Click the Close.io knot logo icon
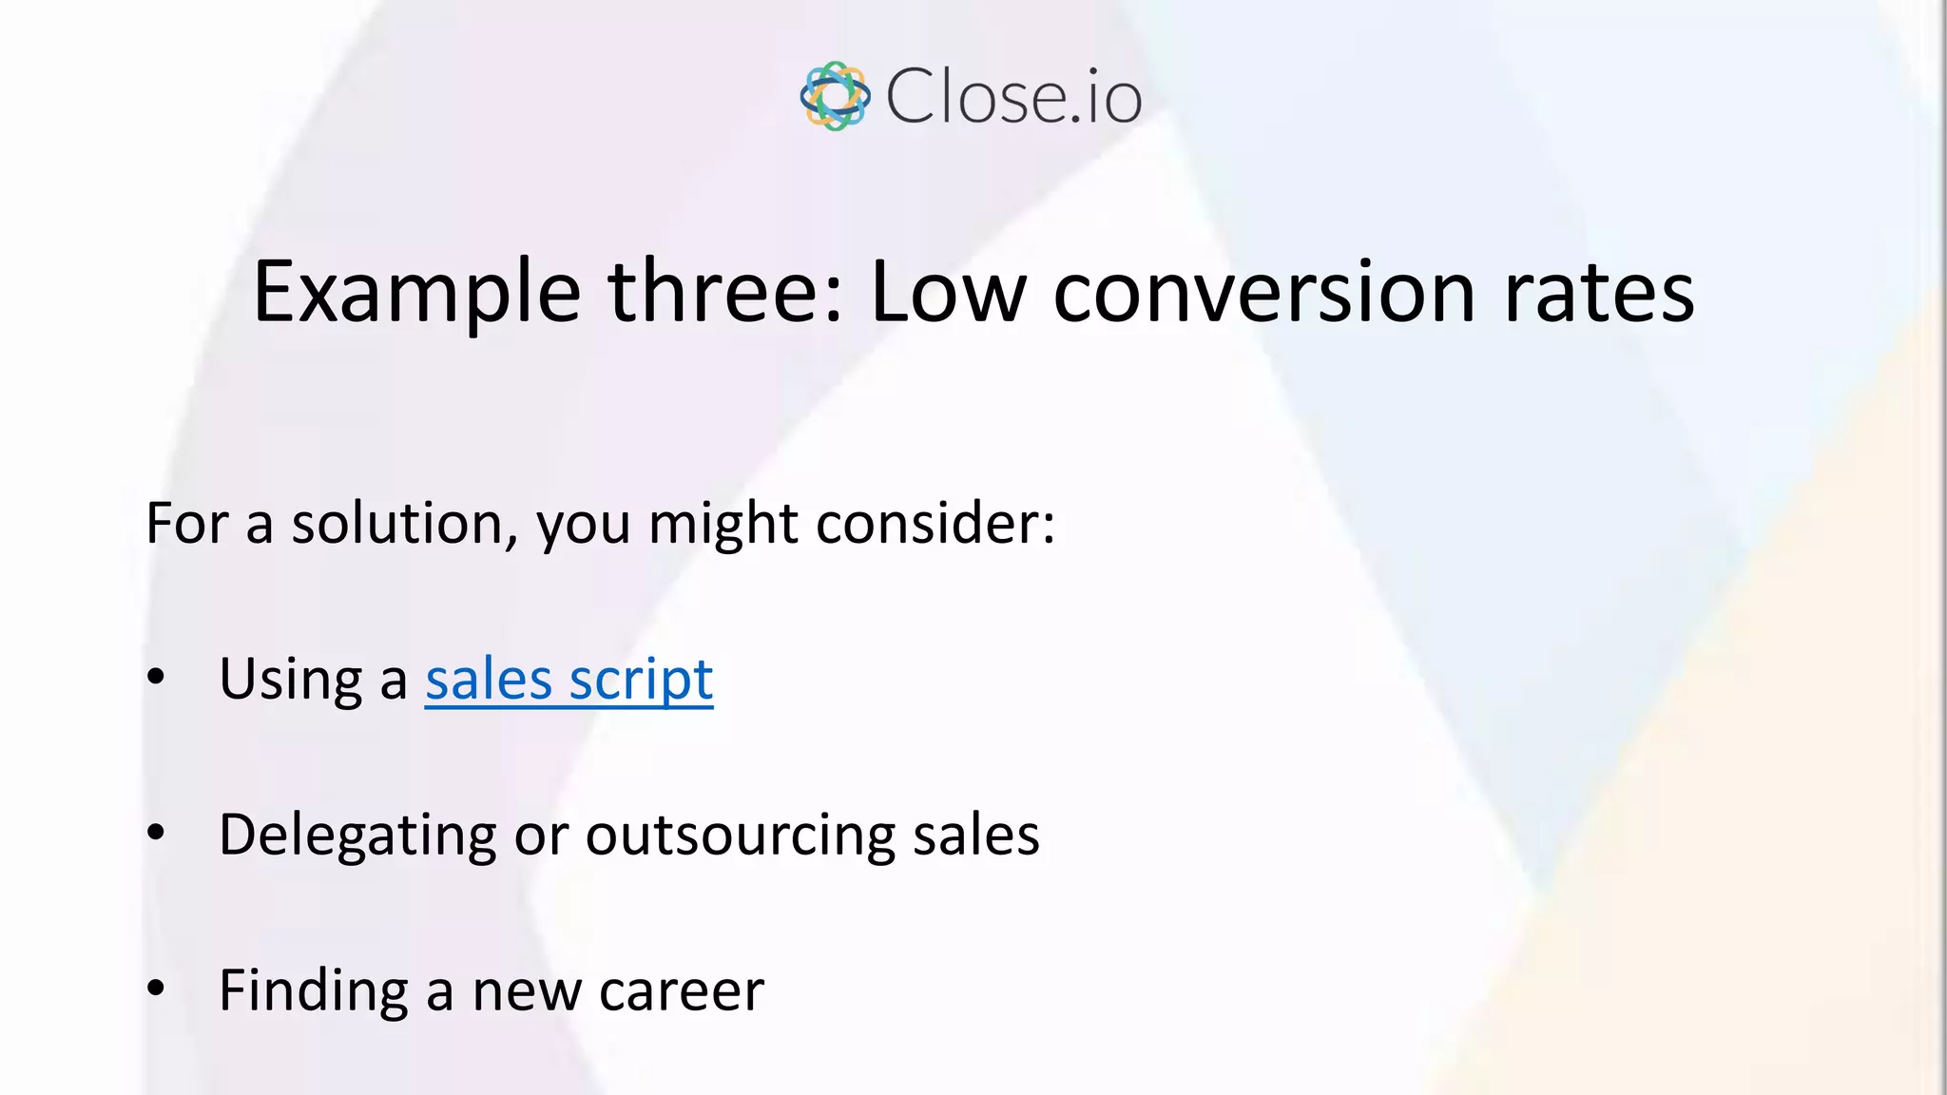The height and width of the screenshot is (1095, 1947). pyautogui.click(x=835, y=96)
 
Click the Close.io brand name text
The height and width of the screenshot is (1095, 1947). pyautogui.click(x=1013, y=97)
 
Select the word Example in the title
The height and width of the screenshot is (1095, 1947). pyautogui.click(x=416, y=293)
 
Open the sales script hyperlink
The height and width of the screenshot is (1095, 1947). pyautogui.click(x=569, y=680)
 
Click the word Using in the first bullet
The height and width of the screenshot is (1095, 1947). pyautogui.click(x=291, y=681)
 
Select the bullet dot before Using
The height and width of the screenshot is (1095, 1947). pyautogui.click(x=156, y=678)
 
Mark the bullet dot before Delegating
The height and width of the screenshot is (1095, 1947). pyautogui.click(x=156, y=834)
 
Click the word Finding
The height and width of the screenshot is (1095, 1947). pyautogui.click(x=314, y=991)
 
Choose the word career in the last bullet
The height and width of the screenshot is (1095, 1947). pyautogui.click(x=681, y=991)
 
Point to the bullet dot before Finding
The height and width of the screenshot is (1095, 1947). pyautogui.click(x=156, y=989)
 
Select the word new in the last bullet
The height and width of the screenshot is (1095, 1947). pyautogui.click(x=526, y=991)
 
